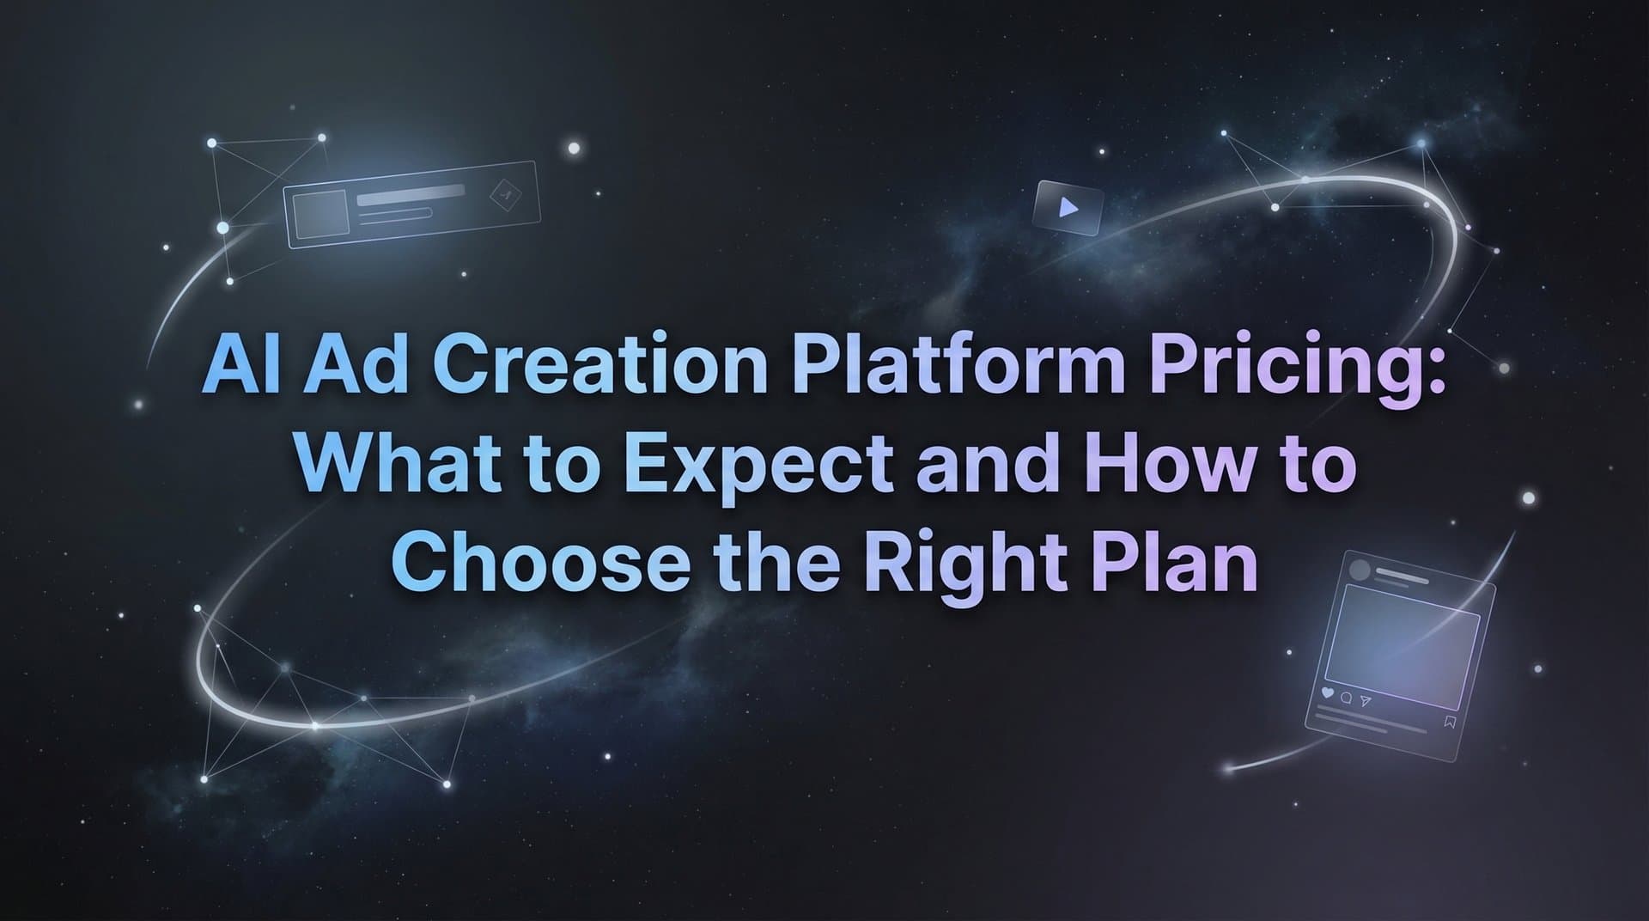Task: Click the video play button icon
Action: coord(1068,207)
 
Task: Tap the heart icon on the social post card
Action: coord(1326,692)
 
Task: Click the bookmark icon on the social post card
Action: coord(1451,722)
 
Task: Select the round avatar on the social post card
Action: coord(1360,570)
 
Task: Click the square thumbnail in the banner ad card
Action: coord(319,215)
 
